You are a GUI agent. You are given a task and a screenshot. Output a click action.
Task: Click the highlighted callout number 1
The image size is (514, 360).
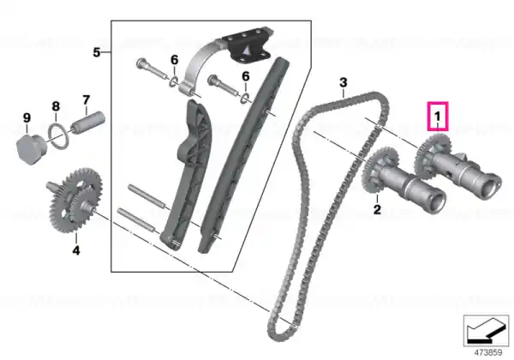tap(437, 116)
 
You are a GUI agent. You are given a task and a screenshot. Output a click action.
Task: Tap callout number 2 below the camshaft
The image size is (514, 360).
tap(377, 209)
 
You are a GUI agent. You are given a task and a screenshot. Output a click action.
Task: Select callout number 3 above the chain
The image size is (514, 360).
tap(343, 82)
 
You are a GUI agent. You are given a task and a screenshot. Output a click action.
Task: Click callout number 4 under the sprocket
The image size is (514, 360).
tap(76, 250)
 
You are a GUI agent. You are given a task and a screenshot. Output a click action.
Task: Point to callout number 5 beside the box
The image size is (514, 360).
tap(96, 52)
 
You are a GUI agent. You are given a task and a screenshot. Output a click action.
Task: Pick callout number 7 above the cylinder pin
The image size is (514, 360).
tap(86, 100)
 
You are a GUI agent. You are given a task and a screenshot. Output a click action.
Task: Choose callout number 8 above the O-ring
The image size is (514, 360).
tap(56, 106)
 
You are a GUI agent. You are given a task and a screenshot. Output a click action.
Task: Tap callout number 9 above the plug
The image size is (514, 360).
tap(27, 118)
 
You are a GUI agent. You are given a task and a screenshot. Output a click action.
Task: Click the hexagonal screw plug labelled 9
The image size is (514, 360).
tap(31, 149)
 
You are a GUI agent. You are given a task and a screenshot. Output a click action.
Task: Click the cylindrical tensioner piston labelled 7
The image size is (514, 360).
tap(88, 123)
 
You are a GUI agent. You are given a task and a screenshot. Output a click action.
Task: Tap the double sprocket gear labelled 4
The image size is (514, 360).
tap(75, 201)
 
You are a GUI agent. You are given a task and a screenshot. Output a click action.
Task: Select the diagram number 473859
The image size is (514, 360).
tap(488, 353)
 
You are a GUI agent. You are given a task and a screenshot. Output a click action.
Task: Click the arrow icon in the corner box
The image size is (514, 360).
tap(486, 331)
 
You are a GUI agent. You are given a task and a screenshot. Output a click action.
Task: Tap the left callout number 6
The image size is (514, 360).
tap(175, 60)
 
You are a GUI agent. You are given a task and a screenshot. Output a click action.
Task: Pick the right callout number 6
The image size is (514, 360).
tap(246, 76)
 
